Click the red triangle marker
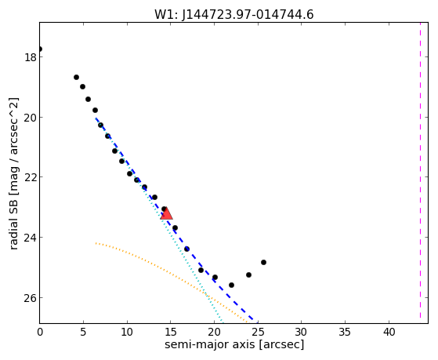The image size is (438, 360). pos(166,213)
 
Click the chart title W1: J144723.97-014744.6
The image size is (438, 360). pos(234,14)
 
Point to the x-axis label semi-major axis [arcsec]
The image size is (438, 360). pos(234,344)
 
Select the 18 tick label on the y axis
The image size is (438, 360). pos(31,57)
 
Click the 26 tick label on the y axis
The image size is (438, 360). pos(31,298)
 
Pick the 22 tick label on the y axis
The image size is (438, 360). pos(31,177)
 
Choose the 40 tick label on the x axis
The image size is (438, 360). pos(389,333)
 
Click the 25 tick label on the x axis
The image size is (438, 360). pos(258,333)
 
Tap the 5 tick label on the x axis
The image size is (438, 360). pos(83,333)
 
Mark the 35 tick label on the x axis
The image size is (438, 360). pos(346,333)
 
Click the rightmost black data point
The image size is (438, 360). pos(263,263)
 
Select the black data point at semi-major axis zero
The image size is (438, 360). pos(40,49)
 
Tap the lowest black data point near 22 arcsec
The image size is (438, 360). pos(231,285)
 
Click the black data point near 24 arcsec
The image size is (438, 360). pos(248,275)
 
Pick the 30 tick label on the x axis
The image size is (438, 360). pos(302,333)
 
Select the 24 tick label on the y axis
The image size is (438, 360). pos(31,238)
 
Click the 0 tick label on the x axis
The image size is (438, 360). pos(40,333)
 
